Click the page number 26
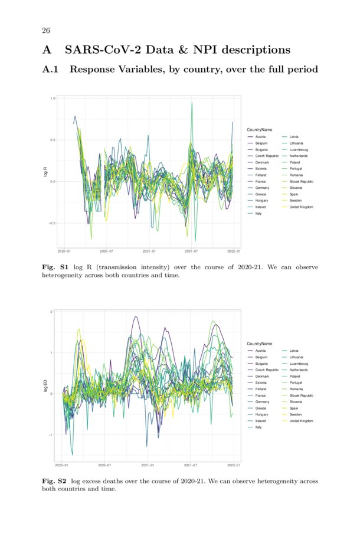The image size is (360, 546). tap(45, 31)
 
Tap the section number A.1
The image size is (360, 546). tap(52, 70)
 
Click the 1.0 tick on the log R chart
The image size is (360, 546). tap(53, 99)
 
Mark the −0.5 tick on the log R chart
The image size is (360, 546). tap(53, 223)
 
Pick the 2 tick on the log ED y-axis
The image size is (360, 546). tap(53, 312)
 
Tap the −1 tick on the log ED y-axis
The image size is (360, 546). tap(52, 435)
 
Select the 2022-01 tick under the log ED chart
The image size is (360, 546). tap(234, 465)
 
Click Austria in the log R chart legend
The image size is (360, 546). tap(260, 136)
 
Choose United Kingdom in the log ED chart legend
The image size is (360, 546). tap(301, 421)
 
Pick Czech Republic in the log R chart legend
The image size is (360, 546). tap(267, 156)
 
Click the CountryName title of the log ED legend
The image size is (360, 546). tap(259, 344)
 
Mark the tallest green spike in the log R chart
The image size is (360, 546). tap(192, 104)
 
